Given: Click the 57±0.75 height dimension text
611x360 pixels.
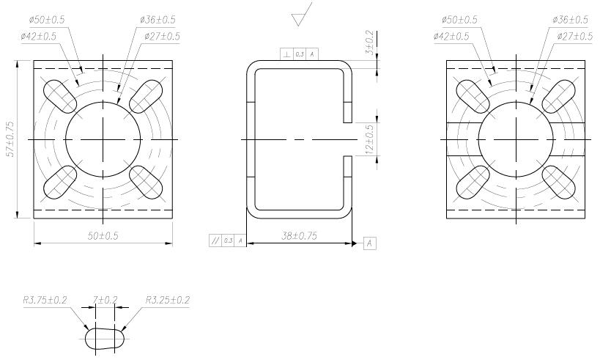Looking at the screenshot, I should [x=10, y=139].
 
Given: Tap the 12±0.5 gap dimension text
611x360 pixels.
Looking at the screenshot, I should [x=370, y=138].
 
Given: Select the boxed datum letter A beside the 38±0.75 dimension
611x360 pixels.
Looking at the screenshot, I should [x=369, y=243].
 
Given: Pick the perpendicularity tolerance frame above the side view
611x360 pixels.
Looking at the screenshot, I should [x=300, y=54].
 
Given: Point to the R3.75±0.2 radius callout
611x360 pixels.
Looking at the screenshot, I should [x=45, y=300].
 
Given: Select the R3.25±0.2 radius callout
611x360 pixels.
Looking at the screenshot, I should [x=168, y=300].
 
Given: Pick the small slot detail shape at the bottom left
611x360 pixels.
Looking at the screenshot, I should [x=105, y=339].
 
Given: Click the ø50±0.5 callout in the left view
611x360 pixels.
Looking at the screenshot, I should [x=45, y=19].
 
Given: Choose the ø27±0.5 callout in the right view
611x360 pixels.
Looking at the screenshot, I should [x=574, y=36].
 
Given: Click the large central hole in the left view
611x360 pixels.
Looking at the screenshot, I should [x=103, y=138].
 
